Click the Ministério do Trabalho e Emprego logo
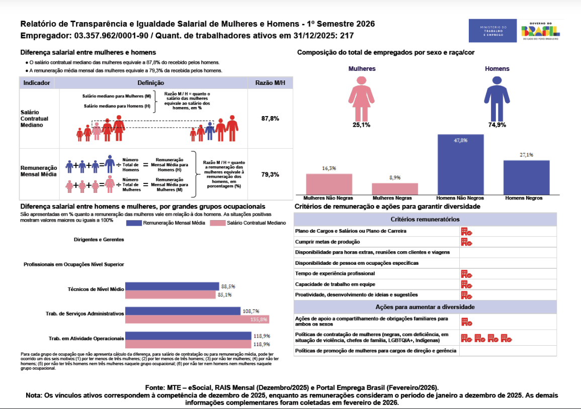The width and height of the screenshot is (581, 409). point(493,31)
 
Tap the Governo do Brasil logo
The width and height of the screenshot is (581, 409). point(542,31)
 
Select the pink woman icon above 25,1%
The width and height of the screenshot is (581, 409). point(361,97)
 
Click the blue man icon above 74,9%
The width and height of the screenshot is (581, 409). point(497,97)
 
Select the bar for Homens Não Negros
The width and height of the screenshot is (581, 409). point(460,164)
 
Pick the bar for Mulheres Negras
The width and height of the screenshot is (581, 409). point(395,188)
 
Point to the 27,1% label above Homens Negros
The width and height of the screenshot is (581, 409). point(527,155)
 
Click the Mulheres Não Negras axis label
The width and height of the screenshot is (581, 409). point(329,198)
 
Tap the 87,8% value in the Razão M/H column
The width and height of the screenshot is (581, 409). point(270,119)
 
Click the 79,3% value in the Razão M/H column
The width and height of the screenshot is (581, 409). point(270,175)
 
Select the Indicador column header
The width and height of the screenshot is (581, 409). point(36,83)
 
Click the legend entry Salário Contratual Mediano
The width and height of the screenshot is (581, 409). point(252,223)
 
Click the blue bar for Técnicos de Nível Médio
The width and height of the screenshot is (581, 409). point(172,286)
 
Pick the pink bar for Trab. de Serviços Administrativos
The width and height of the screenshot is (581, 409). point(197,319)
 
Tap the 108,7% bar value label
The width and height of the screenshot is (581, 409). point(251,311)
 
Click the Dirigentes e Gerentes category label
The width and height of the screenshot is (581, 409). point(99,240)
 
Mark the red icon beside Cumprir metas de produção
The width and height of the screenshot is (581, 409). point(466,242)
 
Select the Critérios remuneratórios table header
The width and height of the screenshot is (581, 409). point(425,220)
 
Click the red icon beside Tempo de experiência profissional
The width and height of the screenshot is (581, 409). point(466,274)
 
